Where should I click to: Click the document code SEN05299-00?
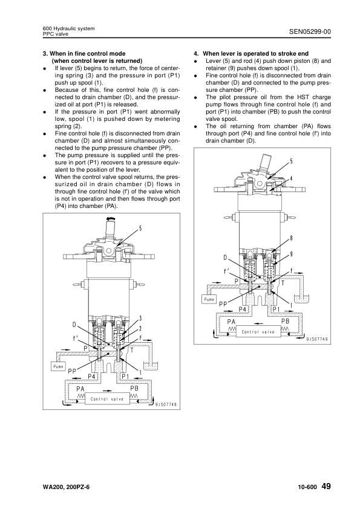click(x=310, y=31)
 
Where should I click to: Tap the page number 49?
click(x=326, y=486)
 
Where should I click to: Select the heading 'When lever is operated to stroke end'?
click(x=256, y=54)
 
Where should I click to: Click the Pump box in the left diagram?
click(x=58, y=366)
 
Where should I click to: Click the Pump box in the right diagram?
click(x=209, y=299)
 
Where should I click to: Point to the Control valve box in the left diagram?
click(x=107, y=399)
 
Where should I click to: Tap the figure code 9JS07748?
click(x=166, y=404)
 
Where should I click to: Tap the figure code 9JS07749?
click(x=317, y=340)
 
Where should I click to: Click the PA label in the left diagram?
click(x=80, y=389)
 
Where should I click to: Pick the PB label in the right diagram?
click(x=284, y=322)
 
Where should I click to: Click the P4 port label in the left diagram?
click(x=92, y=376)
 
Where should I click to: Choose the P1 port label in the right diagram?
click(x=276, y=309)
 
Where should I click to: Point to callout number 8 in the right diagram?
click(x=291, y=238)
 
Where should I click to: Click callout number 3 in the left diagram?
click(x=140, y=318)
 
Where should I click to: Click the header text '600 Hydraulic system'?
click(x=68, y=28)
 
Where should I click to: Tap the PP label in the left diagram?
click(x=72, y=372)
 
